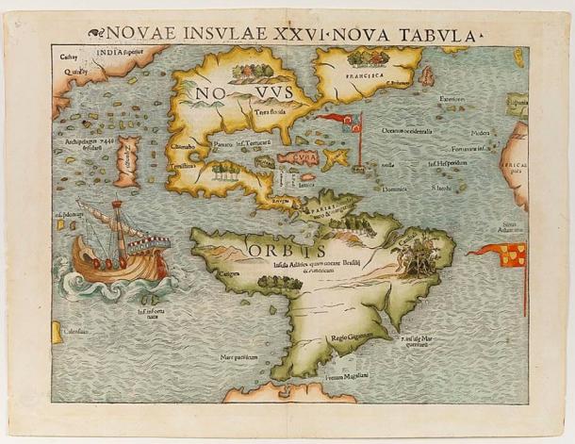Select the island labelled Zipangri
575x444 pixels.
(x=127, y=161)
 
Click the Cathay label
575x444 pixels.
(x=67, y=57)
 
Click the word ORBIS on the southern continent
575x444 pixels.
(x=287, y=250)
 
